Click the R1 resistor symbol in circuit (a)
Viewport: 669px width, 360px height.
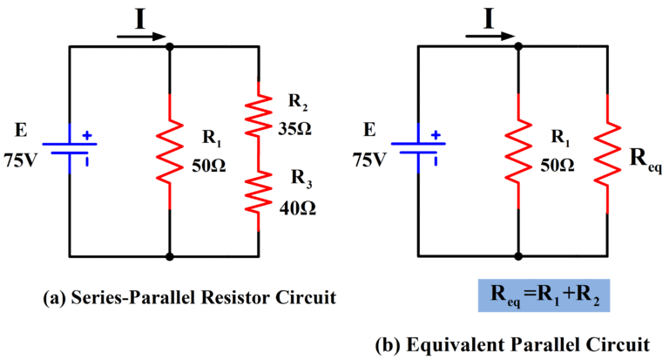[169, 151]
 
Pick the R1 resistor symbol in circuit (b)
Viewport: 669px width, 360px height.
[519, 151]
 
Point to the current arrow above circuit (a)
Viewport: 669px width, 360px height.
[140, 37]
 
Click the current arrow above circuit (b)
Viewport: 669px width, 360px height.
[490, 37]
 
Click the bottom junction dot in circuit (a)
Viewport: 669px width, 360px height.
[169, 257]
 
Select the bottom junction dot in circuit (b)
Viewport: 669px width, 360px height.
[519, 257]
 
